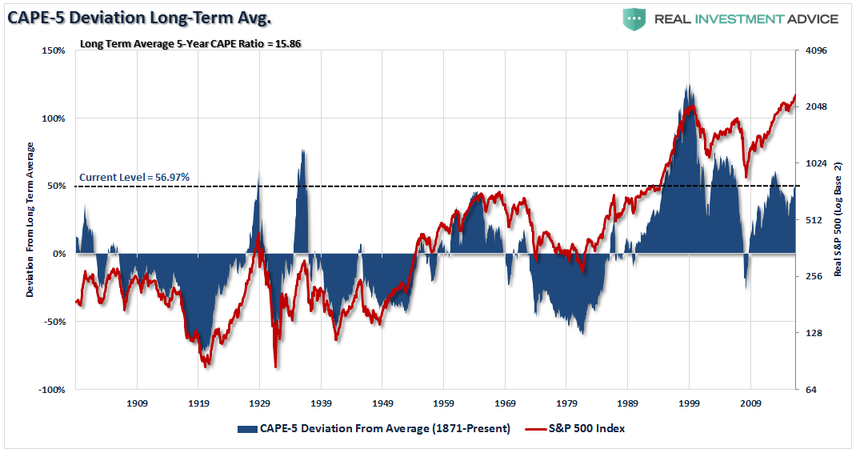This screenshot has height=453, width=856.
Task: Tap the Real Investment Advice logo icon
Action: coord(635,19)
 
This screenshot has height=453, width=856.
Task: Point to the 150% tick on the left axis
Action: coord(53,50)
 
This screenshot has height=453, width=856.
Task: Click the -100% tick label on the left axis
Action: coord(51,390)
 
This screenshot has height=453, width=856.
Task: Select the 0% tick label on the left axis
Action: coord(58,254)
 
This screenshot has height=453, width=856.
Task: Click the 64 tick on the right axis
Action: coord(810,390)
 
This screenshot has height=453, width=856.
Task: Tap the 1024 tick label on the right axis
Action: coord(815,163)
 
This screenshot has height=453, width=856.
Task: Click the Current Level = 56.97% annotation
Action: coord(134,178)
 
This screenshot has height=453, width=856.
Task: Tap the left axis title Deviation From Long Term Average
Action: coord(30,219)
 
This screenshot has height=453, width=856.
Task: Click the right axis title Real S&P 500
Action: coord(838,219)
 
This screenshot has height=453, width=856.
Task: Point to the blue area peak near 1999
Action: coord(688,86)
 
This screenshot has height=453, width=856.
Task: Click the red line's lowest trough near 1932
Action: coord(276,367)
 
